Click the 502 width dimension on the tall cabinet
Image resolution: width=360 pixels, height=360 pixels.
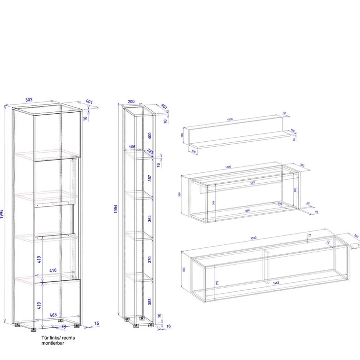point(29,100)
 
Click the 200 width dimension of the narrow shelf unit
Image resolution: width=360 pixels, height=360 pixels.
point(131,102)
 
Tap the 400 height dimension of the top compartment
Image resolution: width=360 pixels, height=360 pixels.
point(150,136)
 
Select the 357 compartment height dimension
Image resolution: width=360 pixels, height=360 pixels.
point(150,178)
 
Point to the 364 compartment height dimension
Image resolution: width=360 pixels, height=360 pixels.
point(150,218)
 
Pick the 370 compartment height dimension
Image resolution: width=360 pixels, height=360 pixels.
point(150,259)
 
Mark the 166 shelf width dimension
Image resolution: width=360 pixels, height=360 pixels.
point(133,147)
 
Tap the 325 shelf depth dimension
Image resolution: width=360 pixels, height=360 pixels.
point(150,152)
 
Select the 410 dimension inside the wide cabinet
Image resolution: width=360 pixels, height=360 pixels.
point(53,270)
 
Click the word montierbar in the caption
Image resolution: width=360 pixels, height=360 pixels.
point(53,344)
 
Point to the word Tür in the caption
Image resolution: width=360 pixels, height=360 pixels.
point(44,338)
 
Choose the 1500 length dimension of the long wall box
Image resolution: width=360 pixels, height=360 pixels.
point(253,238)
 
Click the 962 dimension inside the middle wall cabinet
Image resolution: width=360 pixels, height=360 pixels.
point(252,183)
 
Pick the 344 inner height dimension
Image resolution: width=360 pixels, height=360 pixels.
point(214,202)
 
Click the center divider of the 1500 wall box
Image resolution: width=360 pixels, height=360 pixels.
point(265,264)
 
